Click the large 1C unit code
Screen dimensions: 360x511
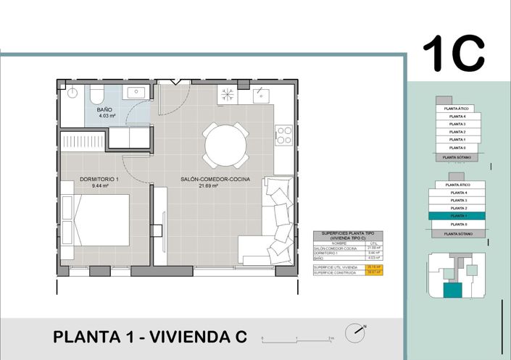point(453,52)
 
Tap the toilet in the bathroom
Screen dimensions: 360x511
point(96,96)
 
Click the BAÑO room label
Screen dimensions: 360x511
point(104,109)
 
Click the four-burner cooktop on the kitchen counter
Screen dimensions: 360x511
point(283,135)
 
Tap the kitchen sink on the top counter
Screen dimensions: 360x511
point(262,93)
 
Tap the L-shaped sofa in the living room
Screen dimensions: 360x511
point(271,225)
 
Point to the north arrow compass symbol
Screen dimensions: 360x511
point(354,334)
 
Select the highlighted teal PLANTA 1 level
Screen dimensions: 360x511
point(457,216)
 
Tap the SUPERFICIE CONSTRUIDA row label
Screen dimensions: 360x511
point(334,273)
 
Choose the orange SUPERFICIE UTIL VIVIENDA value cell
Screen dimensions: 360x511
point(373,267)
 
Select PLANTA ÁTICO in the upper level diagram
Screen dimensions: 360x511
point(457,109)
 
